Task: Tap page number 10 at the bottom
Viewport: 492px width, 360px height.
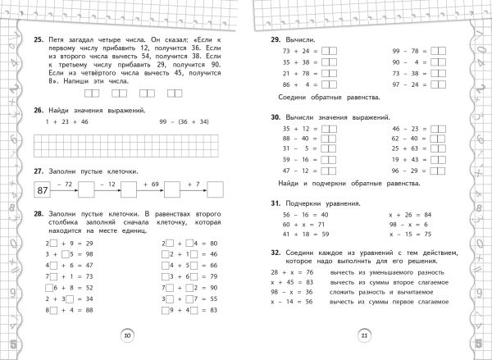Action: coord(126,335)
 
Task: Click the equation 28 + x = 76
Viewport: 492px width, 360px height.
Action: coord(288,271)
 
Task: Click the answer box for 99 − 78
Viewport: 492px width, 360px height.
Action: coord(438,51)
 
